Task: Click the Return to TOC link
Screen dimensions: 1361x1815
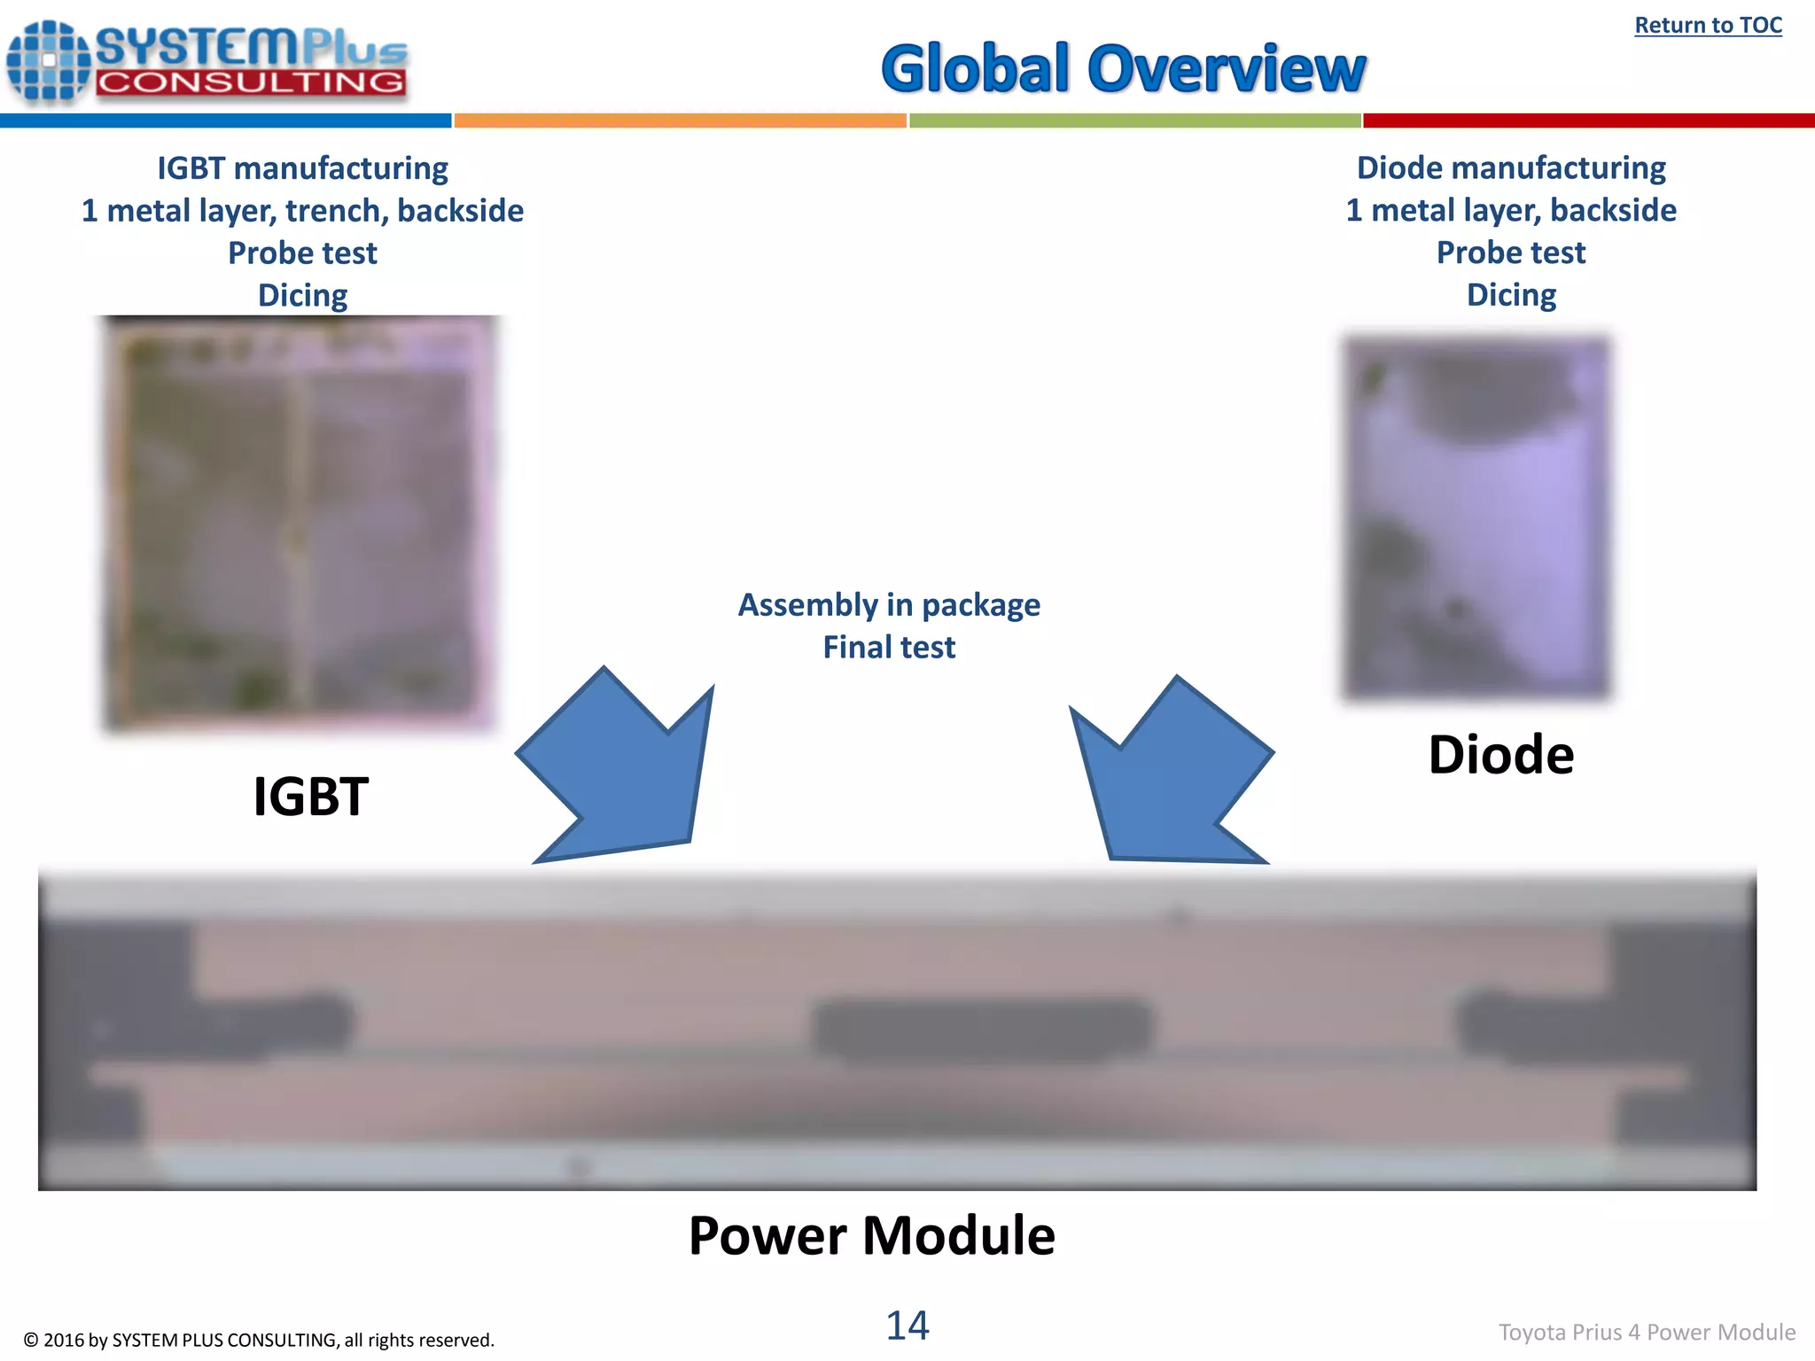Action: [1707, 26]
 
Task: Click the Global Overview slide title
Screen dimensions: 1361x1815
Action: [1123, 69]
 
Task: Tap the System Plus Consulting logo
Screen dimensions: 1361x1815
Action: [207, 62]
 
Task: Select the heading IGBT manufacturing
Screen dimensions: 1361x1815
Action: [302, 168]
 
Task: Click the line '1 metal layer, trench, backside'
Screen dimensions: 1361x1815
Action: [302, 211]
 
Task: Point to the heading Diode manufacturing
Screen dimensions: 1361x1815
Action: [1510, 167]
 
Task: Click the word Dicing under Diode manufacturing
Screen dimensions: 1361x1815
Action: [1510, 295]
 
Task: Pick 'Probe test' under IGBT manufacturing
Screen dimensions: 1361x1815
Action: [302, 253]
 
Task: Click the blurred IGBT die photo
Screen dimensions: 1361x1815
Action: [299, 523]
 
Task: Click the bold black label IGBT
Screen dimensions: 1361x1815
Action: [310, 796]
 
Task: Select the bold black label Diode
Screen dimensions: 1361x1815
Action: [1500, 755]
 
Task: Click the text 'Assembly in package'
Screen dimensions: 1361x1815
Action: [889, 605]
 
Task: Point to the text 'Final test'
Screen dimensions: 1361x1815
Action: [889, 648]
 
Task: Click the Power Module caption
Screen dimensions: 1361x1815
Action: [871, 1235]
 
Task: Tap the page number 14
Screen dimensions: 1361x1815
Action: [907, 1326]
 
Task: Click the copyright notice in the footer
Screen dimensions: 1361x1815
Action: [259, 1340]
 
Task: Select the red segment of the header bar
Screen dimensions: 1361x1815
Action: [1588, 121]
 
